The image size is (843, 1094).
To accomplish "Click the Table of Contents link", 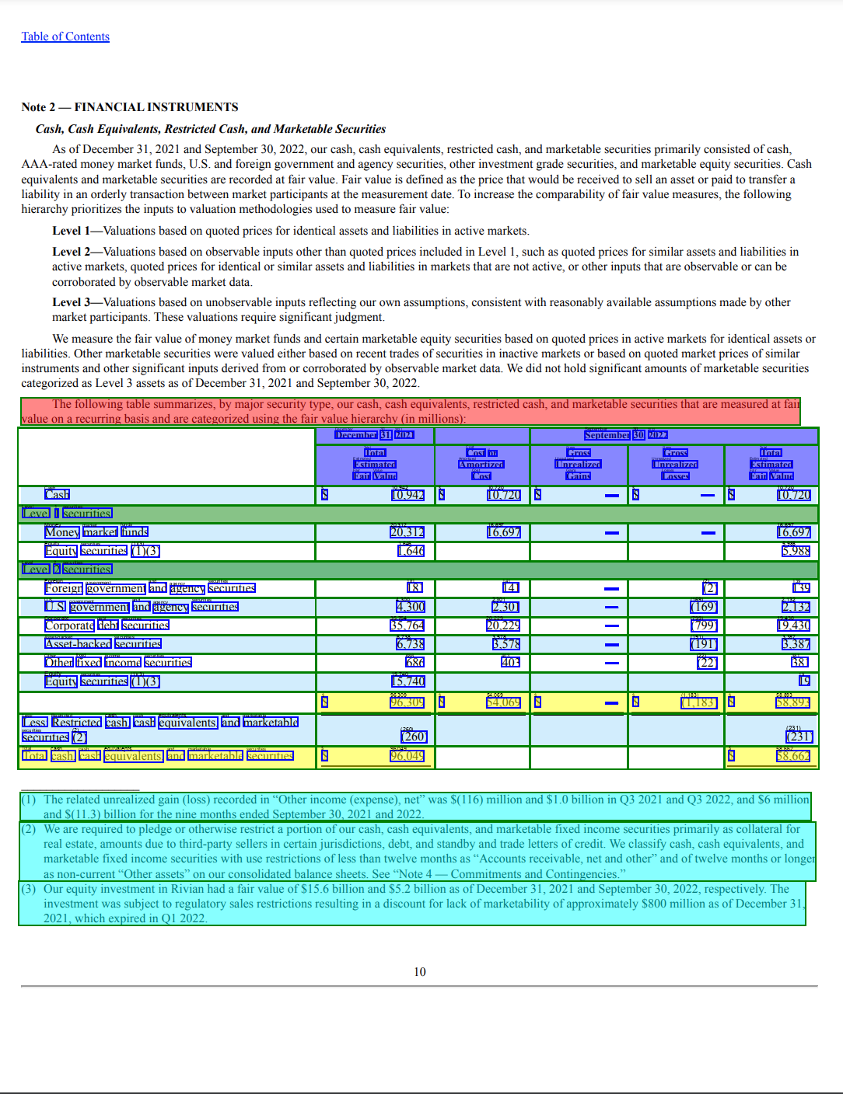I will click(65, 37).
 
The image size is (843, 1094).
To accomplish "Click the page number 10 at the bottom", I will click(420, 972).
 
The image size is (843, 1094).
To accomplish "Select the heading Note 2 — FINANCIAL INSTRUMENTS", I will click(130, 107).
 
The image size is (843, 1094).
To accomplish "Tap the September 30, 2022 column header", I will click(626, 435).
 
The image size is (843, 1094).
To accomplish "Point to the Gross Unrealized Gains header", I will click(579, 464).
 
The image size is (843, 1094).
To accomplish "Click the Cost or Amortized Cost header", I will click(481, 464).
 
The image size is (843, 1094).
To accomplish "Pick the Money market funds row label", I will click(96, 532).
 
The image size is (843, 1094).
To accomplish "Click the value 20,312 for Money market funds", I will click(408, 532).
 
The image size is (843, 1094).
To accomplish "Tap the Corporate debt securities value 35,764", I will click(408, 625).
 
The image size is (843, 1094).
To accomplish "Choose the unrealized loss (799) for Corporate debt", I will click(704, 625).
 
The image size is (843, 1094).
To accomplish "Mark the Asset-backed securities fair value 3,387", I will click(796, 644).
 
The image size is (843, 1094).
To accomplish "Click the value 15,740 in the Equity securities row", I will click(408, 681).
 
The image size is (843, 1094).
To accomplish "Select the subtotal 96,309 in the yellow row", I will click(408, 702).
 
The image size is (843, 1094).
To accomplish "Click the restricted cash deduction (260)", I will click(414, 737).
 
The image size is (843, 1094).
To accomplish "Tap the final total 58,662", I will click(793, 756).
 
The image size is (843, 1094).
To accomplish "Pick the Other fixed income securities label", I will click(118, 663).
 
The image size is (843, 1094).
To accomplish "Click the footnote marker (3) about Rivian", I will click(29, 889).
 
